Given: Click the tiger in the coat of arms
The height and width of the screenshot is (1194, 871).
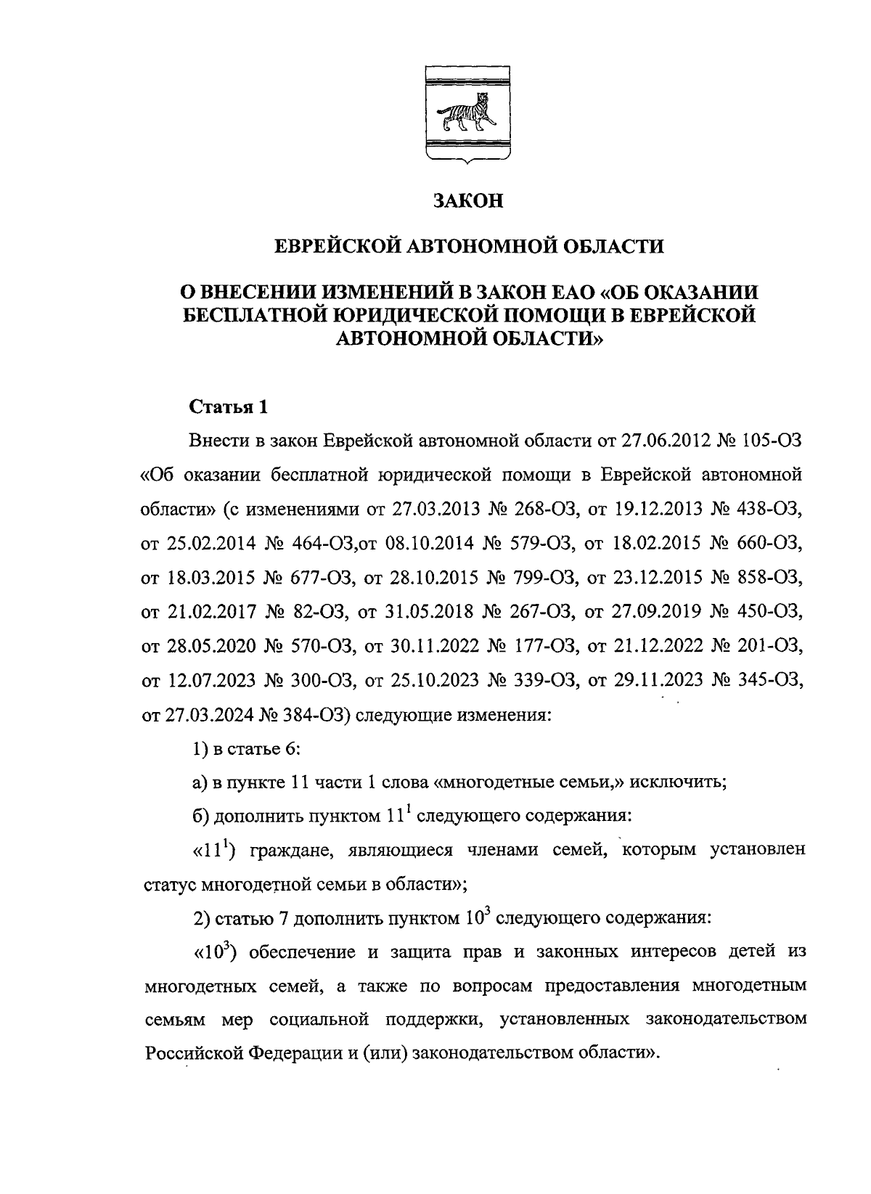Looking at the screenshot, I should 467,114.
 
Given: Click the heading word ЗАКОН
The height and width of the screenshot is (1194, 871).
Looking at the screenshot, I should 467,201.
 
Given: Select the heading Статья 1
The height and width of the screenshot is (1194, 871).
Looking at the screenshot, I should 229,407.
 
